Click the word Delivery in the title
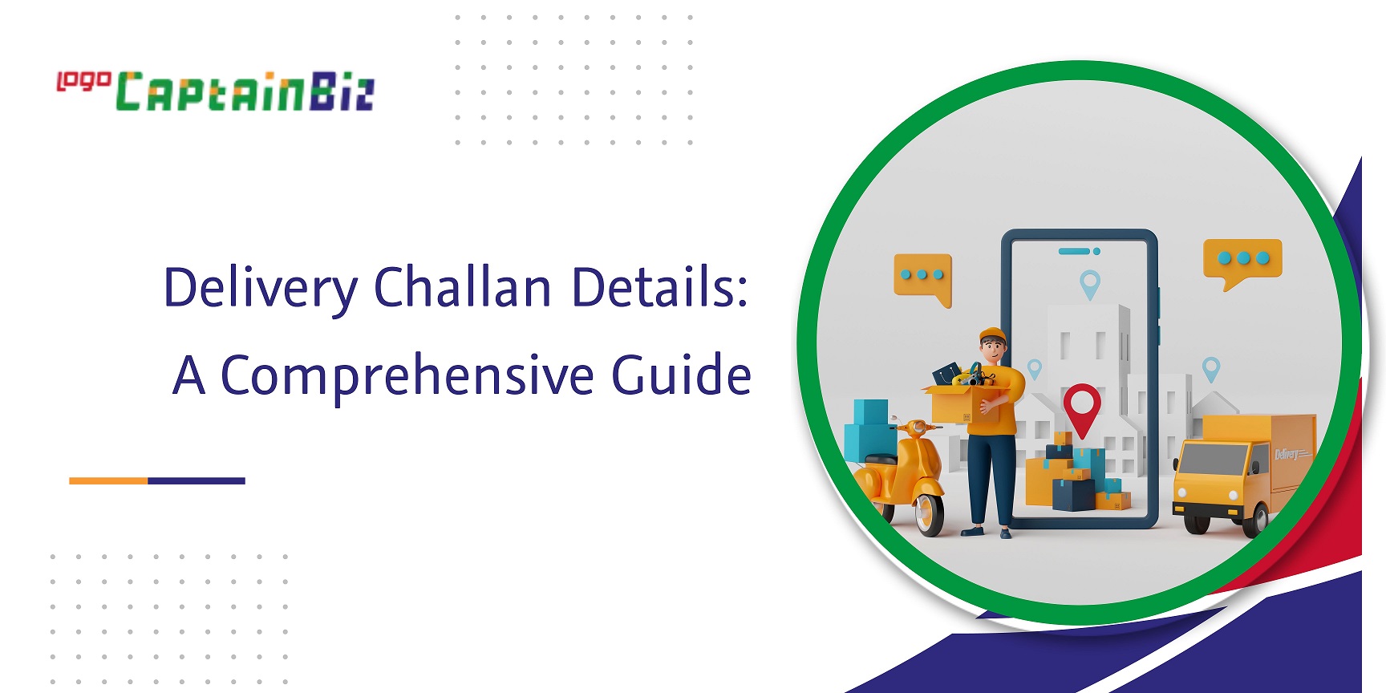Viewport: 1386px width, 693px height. [x=260, y=288]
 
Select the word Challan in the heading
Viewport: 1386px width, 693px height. [x=463, y=286]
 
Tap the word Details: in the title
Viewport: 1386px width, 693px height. [x=660, y=286]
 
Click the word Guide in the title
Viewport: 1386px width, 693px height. [x=682, y=375]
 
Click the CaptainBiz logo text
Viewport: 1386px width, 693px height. [x=245, y=91]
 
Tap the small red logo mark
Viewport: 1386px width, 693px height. [x=83, y=81]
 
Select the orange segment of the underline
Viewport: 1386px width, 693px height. [x=108, y=480]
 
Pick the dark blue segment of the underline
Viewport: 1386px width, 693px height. [x=197, y=480]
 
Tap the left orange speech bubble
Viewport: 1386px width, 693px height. [x=923, y=279]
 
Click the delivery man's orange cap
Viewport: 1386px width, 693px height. [x=993, y=334]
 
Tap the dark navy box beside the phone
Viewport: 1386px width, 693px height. [x=1073, y=493]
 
